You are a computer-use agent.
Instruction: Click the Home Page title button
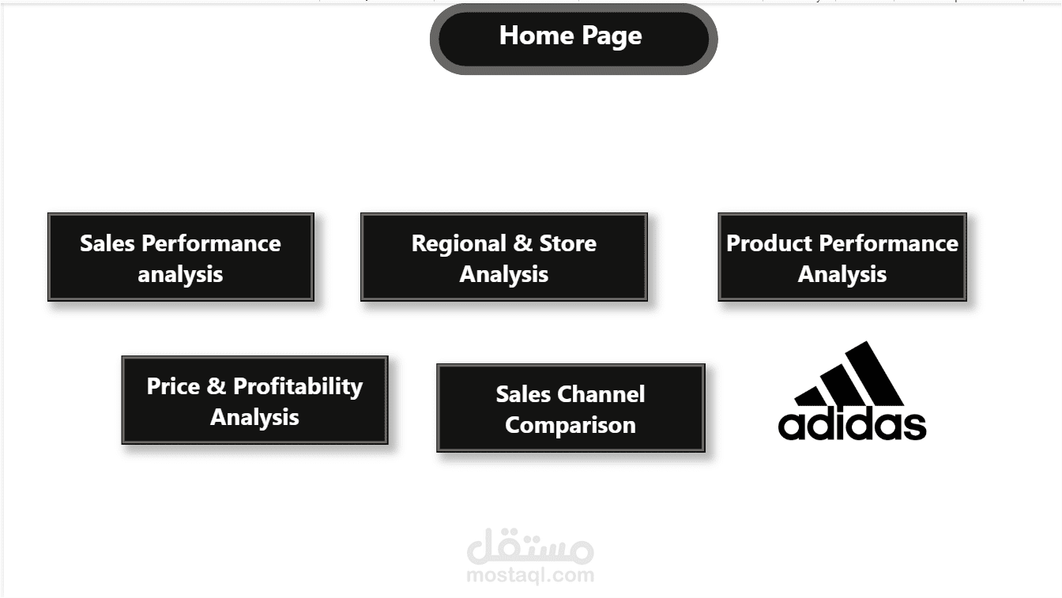pyautogui.click(x=573, y=38)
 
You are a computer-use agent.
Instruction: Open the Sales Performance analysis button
pyautogui.click(x=180, y=257)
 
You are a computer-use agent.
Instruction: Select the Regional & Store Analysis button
pyautogui.click(x=503, y=257)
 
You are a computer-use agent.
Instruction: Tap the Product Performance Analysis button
pyautogui.click(x=842, y=257)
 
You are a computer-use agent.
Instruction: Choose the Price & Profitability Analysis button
pyautogui.click(x=254, y=400)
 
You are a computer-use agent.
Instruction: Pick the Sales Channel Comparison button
pyautogui.click(x=570, y=408)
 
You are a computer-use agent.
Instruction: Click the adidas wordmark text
pyautogui.click(x=852, y=424)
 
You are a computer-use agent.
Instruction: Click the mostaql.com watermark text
pyautogui.click(x=529, y=575)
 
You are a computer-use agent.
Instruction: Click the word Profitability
pyautogui.click(x=298, y=386)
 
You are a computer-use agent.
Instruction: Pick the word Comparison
pyautogui.click(x=570, y=425)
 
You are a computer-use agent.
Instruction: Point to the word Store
pyautogui.click(x=567, y=243)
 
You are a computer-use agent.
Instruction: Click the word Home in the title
pyautogui.click(x=536, y=36)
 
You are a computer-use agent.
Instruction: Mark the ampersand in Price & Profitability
pyautogui.click(x=217, y=386)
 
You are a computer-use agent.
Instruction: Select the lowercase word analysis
pyautogui.click(x=180, y=275)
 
